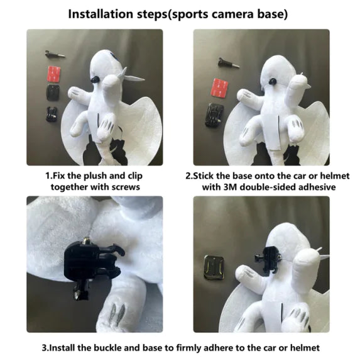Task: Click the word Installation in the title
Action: coord(101,14)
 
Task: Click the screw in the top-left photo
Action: coord(55,55)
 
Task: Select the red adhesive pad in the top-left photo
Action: coord(54,74)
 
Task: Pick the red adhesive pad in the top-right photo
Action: coord(220,87)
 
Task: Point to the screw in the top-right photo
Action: coord(229,63)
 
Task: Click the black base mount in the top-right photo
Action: coord(214,115)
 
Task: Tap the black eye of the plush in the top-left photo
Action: coord(94,80)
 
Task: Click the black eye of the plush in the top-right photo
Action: coord(272,82)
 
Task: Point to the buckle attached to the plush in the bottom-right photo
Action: coord(268,260)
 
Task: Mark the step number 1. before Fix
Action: coord(49,176)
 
